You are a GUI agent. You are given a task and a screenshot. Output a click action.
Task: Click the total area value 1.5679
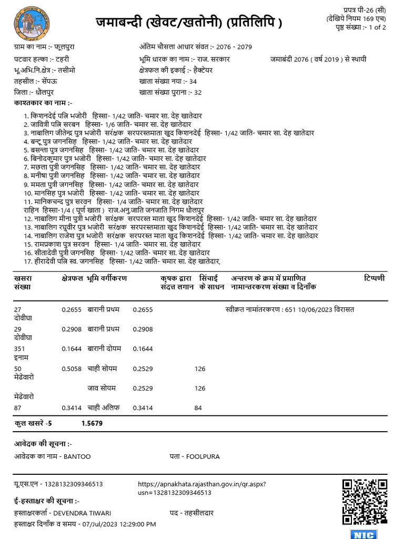click(92, 422)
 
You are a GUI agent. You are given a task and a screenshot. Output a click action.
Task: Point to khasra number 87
click(18, 407)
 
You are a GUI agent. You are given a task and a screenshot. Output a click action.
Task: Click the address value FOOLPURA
click(203, 456)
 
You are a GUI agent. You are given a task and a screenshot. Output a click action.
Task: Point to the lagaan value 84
click(198, 407)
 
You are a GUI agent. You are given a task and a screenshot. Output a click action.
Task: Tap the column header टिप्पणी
click(374, 278)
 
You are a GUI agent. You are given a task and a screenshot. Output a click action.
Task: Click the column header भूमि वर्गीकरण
click(107, 278)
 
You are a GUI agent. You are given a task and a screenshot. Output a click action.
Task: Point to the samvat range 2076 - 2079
click(245, 47)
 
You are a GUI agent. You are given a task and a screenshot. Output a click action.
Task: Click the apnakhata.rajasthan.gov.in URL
click(202, 484)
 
